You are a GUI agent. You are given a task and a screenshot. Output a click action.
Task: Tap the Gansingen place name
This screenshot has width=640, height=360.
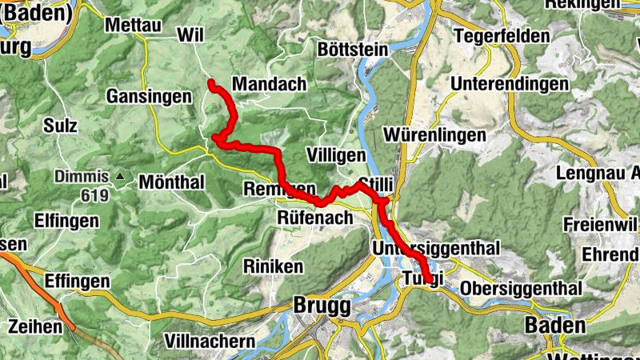(150, 97)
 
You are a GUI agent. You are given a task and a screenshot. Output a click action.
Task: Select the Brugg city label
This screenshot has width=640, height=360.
(322, 306)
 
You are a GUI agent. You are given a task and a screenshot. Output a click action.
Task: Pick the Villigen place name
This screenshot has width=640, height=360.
(337, 154)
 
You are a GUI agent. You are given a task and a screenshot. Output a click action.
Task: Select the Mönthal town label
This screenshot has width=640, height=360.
(172, 182)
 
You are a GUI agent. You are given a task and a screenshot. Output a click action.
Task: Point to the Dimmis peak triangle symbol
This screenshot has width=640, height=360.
(121, 176)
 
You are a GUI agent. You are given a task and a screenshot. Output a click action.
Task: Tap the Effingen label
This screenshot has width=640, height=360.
(77, 281)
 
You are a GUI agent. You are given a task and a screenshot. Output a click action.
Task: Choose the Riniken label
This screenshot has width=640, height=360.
(274, 266)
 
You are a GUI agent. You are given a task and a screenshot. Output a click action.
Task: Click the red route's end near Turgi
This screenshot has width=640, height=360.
(430, 280)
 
